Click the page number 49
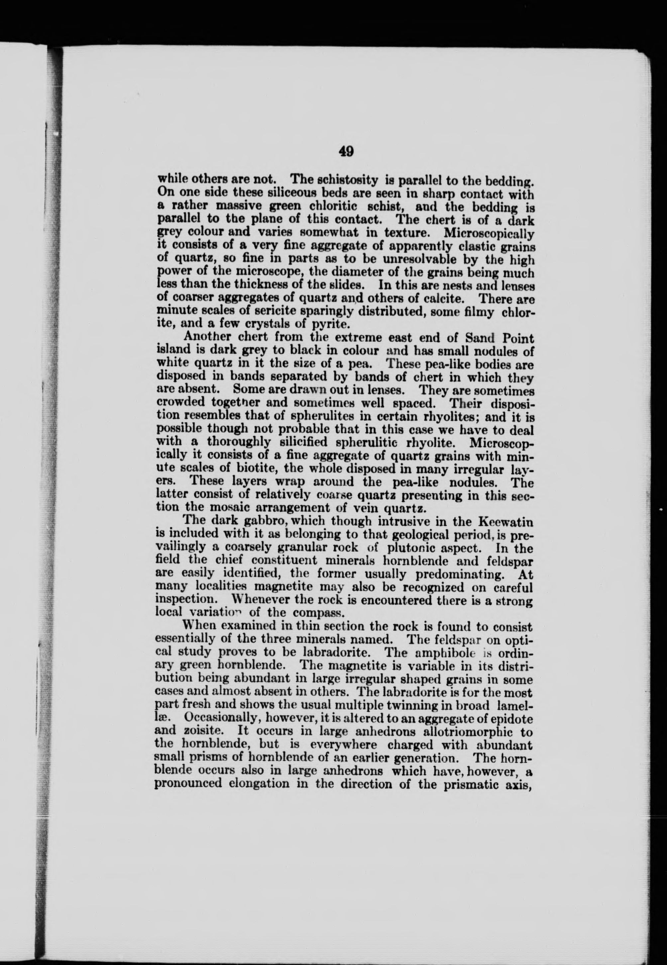(x=346, y=151)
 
